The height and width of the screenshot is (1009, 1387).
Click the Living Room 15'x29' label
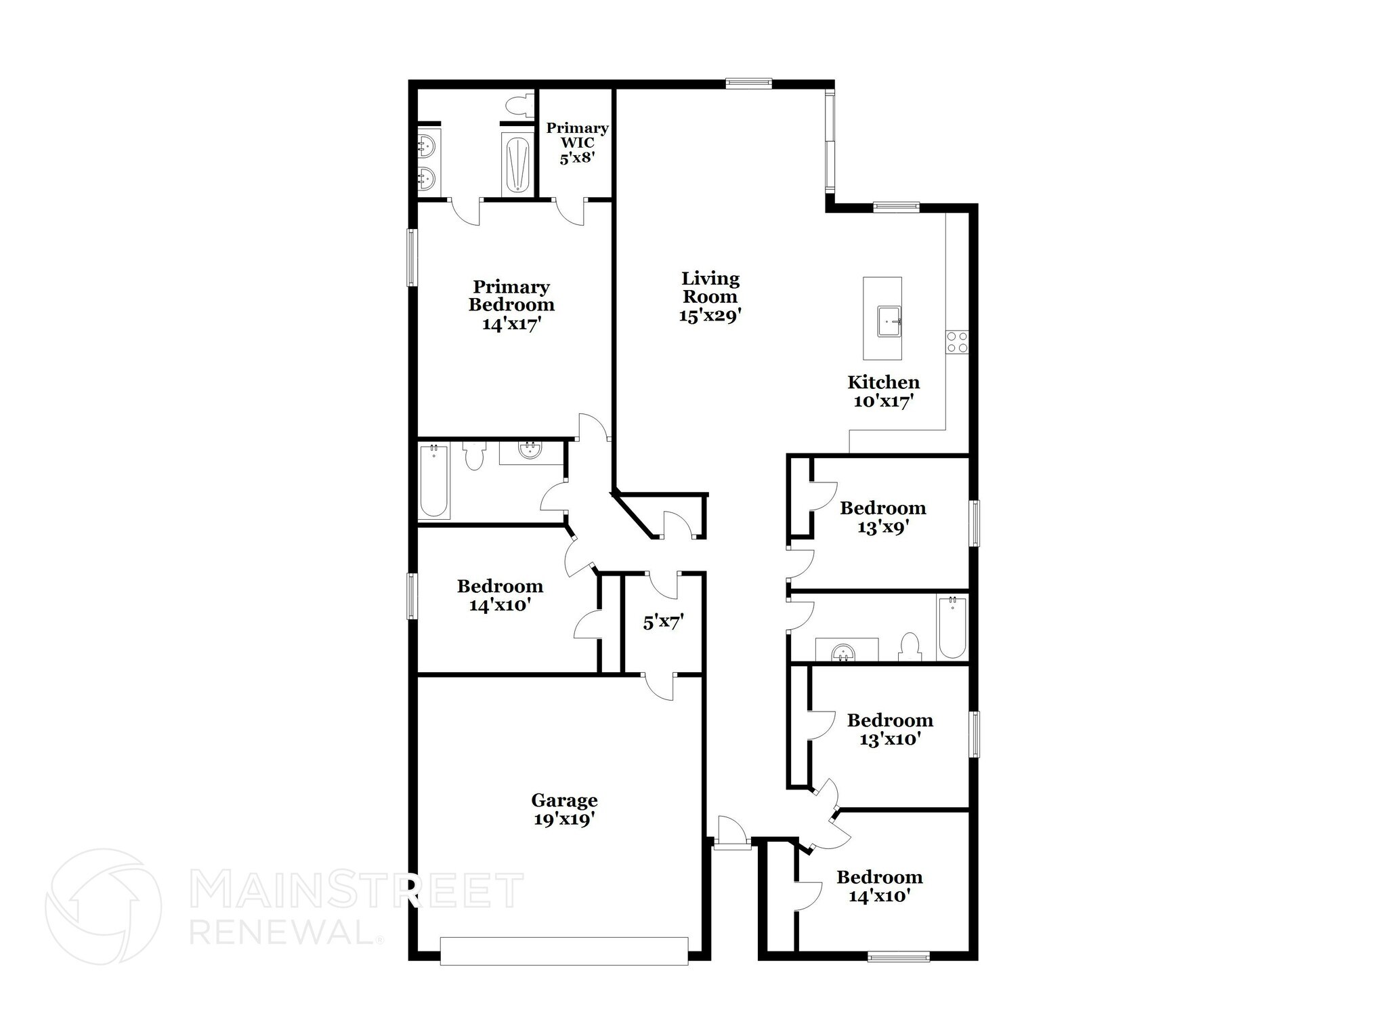710,297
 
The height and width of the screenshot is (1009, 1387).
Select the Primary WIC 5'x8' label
577,143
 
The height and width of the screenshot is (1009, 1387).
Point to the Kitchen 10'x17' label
883,392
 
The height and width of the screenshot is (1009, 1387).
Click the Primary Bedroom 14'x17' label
511,306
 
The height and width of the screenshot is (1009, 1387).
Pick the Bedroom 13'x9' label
882,518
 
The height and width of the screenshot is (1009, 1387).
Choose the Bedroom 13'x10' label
889,729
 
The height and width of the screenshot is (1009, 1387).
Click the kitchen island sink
889,321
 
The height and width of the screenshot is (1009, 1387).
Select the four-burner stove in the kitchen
958,342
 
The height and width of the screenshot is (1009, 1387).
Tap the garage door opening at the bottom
564,951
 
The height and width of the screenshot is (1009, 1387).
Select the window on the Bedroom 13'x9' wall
974,522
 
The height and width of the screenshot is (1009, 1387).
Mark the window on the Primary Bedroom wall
411,258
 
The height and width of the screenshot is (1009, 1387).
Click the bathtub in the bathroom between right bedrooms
952,627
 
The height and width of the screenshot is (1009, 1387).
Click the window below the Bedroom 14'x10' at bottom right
899,957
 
